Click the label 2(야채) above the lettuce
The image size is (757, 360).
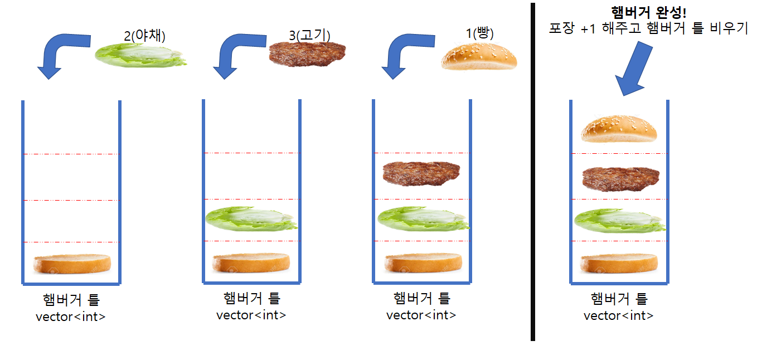click(145, 36)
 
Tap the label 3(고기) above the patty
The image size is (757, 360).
click(309, 35)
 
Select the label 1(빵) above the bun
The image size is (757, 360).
click(480, 33)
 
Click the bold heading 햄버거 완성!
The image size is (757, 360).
click(649, 12)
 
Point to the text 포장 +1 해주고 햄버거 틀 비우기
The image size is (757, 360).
click(649, 28)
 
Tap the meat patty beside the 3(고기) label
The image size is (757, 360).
click(307, 55)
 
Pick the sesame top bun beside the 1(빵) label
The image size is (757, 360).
click(479, 57)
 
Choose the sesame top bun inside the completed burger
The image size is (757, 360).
click(619, 129)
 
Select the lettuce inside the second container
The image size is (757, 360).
click(251, 218)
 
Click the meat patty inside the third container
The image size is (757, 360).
click(421, 174)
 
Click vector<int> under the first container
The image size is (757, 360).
click(70, 318)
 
